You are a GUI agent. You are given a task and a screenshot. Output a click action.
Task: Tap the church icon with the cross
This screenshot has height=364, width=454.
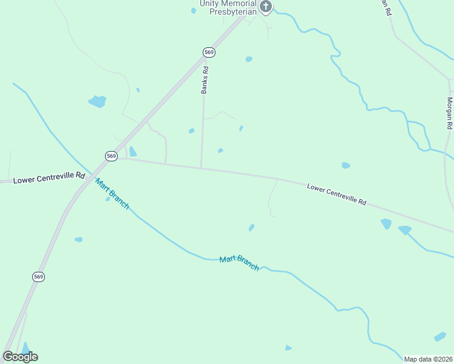coord(265,7)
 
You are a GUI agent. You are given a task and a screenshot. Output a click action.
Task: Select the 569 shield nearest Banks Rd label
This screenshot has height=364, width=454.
coord(209,53)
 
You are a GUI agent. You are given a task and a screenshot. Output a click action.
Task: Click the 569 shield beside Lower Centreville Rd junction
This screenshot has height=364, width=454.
coord(111,156)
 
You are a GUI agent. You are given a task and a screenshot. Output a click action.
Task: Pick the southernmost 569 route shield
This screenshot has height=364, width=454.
coord(38,277)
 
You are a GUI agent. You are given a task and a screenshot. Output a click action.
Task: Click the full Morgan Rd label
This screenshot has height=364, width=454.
coord(450,113)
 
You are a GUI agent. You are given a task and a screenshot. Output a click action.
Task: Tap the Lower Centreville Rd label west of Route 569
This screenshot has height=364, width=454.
coord(49,178)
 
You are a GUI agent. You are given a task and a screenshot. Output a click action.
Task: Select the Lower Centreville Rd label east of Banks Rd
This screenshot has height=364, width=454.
coord(336,194)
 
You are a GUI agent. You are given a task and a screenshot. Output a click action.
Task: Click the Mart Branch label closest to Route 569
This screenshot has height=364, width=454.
coord(112,194)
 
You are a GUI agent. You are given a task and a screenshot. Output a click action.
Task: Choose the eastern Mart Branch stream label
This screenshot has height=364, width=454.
coord(239,263)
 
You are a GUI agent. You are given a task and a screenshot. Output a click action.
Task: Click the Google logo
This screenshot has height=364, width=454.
coord(20,357)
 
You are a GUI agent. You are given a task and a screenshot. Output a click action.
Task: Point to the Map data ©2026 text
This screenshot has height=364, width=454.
coord(429,359)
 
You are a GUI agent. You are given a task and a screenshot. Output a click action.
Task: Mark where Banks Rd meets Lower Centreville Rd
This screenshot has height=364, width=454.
coord(202,168)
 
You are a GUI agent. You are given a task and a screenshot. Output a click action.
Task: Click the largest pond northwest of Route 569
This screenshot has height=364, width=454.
coord(97,101)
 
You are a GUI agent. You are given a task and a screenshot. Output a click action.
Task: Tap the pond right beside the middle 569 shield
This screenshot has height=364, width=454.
coord(132,152)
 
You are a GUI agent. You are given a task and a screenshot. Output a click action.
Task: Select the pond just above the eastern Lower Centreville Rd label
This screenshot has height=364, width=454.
coord(345,165)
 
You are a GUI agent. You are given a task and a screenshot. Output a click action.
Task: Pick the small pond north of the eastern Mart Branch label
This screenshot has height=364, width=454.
coord(251,227)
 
